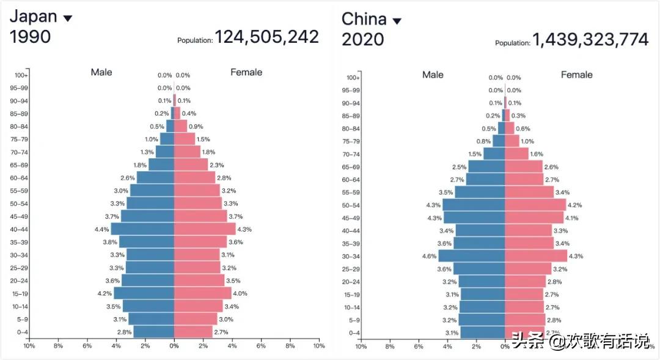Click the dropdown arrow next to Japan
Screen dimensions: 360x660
click(x=68, y=18)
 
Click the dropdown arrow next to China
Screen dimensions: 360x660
click(x=397, y=21)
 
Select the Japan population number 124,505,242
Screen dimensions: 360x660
click(x=266, y=37)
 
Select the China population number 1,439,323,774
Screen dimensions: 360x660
click(x=590, y=40)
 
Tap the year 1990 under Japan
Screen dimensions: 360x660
click(x=31, y=37)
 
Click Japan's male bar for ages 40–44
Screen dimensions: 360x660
click(x=142, y=229)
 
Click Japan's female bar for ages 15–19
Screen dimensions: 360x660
click(x=203, y=293)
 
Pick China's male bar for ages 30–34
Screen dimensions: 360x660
click(x=471, y=256)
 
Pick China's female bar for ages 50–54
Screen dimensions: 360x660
click(x=535, y=205)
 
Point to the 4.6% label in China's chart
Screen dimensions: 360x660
click(x=429, y=256)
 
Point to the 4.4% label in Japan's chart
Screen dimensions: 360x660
click(x=101, y=229)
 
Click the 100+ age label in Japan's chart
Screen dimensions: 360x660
click(x=21, y=75)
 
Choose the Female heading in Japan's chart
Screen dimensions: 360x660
click(x=246, y=72)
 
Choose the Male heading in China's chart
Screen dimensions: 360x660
click(x=433, y=75)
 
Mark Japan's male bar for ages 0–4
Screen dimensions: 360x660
click(x=154, y=332)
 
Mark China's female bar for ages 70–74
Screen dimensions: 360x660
click(x=516, y=154)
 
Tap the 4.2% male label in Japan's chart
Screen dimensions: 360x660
click(x=105, y=293)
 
